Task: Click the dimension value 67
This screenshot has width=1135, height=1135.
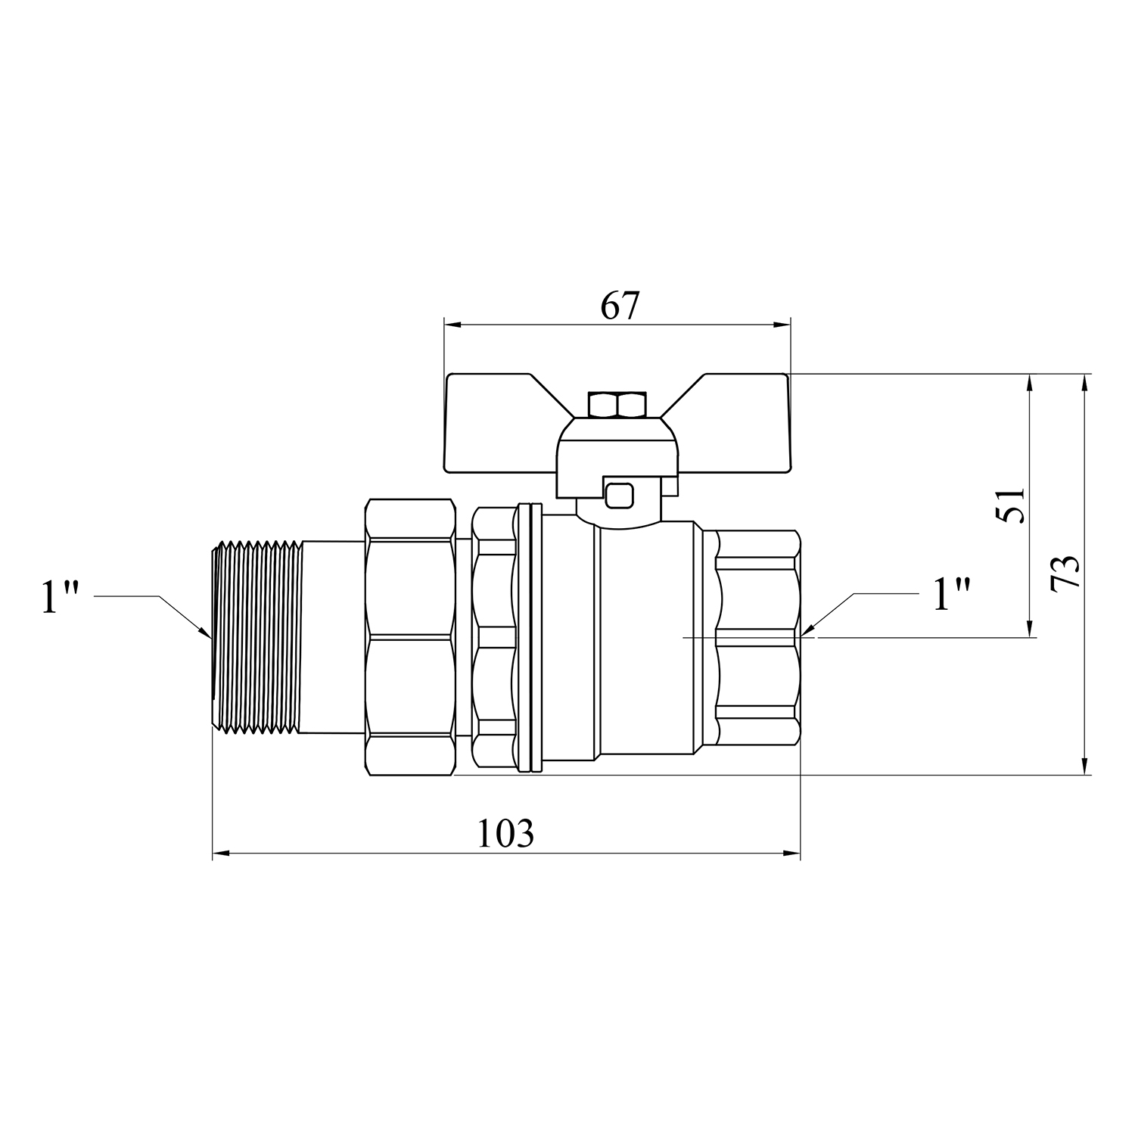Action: click(620, 306)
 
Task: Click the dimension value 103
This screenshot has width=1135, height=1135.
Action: click(505, 834)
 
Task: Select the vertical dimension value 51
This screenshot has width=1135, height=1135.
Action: click(1011, 505)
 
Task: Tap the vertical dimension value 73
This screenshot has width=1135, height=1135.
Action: click(1065, 573)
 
